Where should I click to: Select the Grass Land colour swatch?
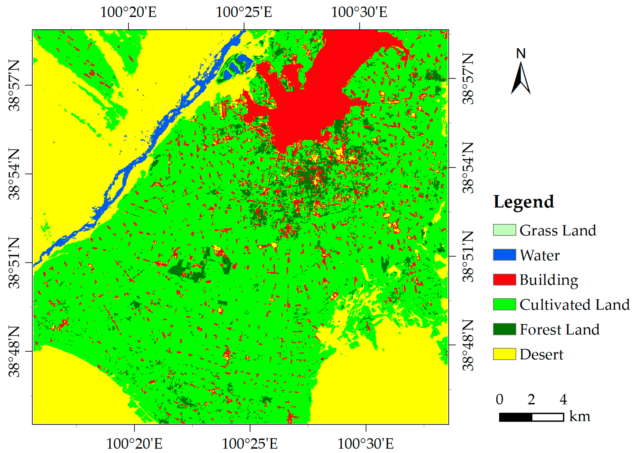tap(504, 230)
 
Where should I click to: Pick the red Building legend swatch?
tap(504, 280)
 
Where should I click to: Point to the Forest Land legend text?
tap(559, 329)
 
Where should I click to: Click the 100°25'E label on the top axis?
tap(244, 12)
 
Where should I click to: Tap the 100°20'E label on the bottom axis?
tap(134, 444)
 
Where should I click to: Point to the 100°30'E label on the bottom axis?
tap(365, 444)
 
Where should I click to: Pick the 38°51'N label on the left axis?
tap(14, 263)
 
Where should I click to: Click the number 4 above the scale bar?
tap(563, 399)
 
